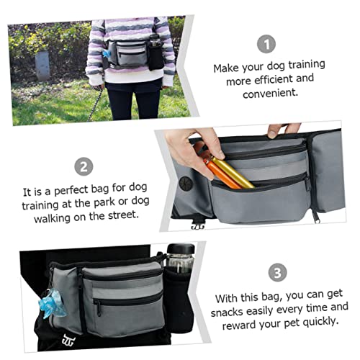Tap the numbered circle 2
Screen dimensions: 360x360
(x=85, y=168)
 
